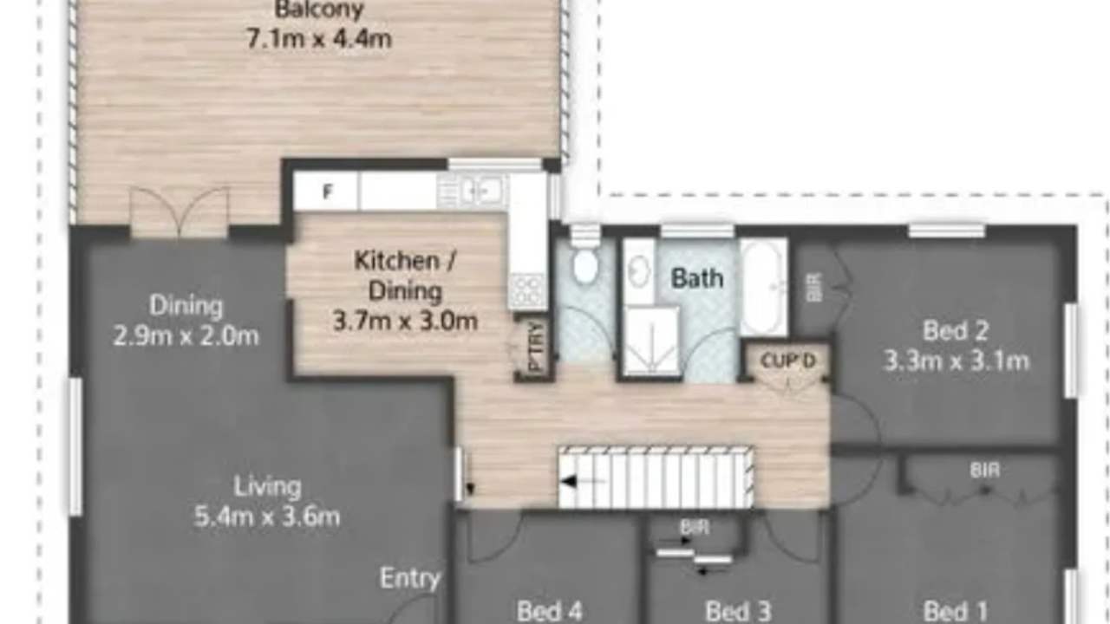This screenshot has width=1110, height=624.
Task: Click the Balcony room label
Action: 319,9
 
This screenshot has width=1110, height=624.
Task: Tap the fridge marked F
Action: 325,192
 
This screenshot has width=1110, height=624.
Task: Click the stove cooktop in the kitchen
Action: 527,292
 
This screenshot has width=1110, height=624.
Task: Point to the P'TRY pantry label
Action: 536,347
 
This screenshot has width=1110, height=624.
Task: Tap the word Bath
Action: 696,278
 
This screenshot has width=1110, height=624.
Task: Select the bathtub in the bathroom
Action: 764,287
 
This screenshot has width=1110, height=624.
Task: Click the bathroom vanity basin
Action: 638,271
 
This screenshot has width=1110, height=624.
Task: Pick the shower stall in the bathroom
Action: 651,341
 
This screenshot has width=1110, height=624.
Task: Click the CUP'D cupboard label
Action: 788,361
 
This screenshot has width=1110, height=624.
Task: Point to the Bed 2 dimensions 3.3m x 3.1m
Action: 957,361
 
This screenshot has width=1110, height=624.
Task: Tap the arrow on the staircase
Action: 583,481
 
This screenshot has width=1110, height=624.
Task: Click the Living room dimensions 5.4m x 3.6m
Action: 266,517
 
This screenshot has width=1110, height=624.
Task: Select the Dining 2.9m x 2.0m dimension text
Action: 186,336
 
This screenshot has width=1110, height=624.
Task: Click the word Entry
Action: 410,578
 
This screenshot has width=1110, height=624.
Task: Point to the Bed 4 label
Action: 549,611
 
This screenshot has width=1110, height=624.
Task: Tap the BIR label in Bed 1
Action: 984,470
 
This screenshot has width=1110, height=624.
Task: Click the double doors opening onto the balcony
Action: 179,212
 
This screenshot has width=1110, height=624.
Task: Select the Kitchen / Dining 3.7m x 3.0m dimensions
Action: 405,322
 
